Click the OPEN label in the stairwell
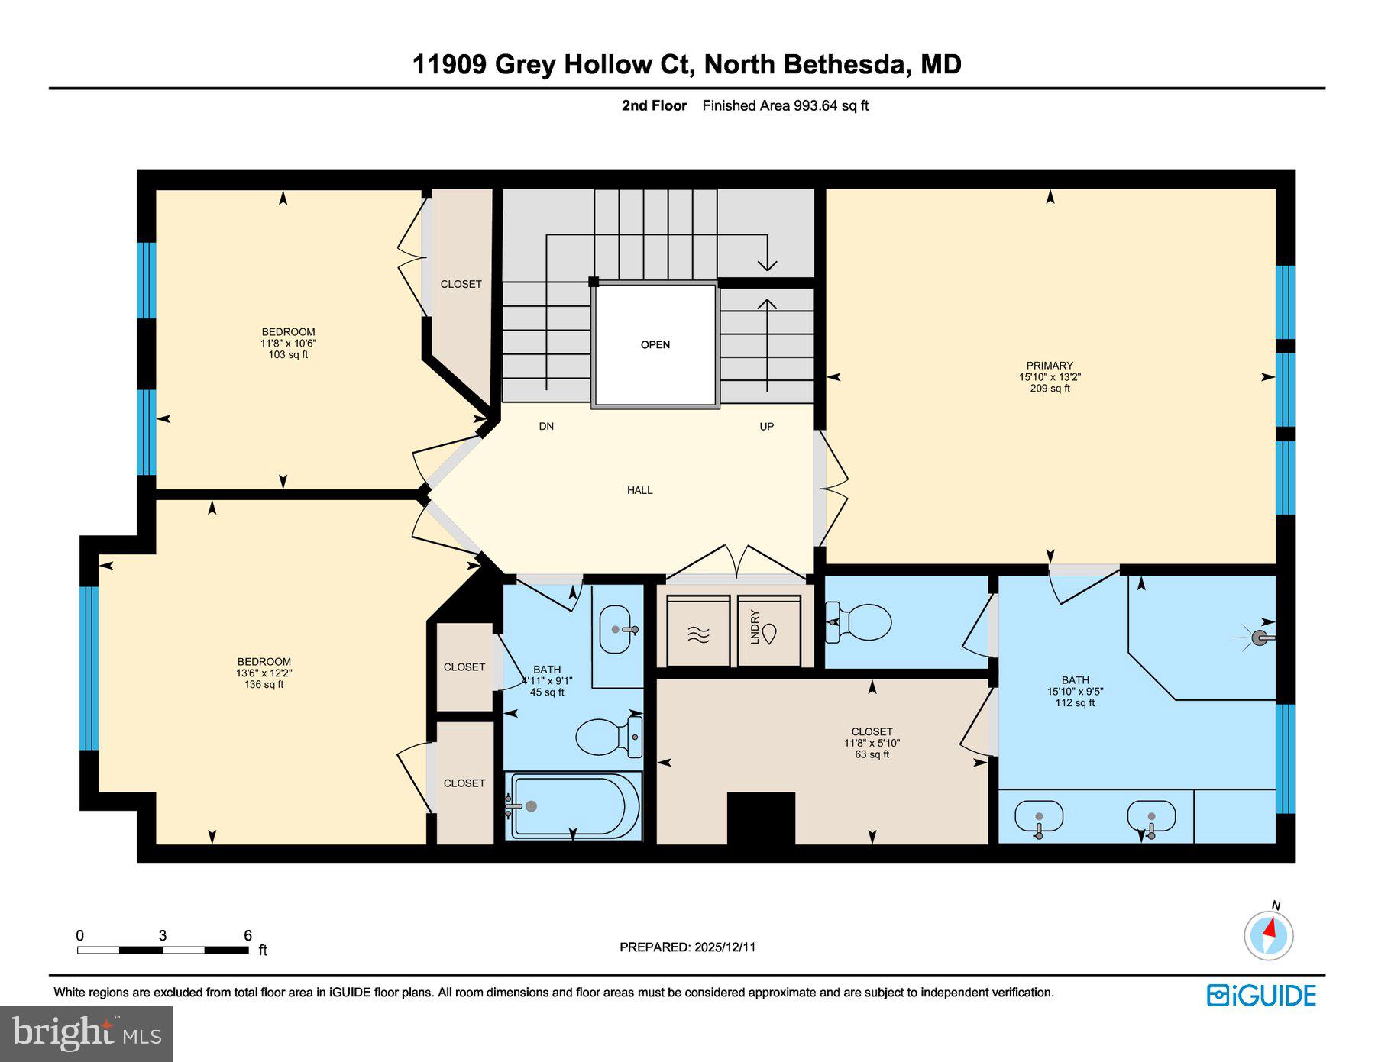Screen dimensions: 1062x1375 (655, 345)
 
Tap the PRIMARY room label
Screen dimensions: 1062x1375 (1050, 366)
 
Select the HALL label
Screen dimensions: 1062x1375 (639, 490)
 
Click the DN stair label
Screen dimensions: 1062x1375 (546, 426)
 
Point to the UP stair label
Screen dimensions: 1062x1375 (766, 426)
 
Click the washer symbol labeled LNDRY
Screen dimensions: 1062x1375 (768, 631)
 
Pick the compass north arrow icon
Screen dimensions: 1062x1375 (1269, 933)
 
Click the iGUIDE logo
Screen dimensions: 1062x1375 (1261, 996)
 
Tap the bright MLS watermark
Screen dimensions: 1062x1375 (86, 1033)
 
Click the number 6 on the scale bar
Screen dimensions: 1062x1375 (247, 935)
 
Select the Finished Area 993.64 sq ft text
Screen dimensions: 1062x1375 (785, 106)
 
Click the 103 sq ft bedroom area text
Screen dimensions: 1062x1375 (288, 355)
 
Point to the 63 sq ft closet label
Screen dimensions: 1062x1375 (872, 754)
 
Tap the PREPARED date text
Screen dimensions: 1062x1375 (687, 947)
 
